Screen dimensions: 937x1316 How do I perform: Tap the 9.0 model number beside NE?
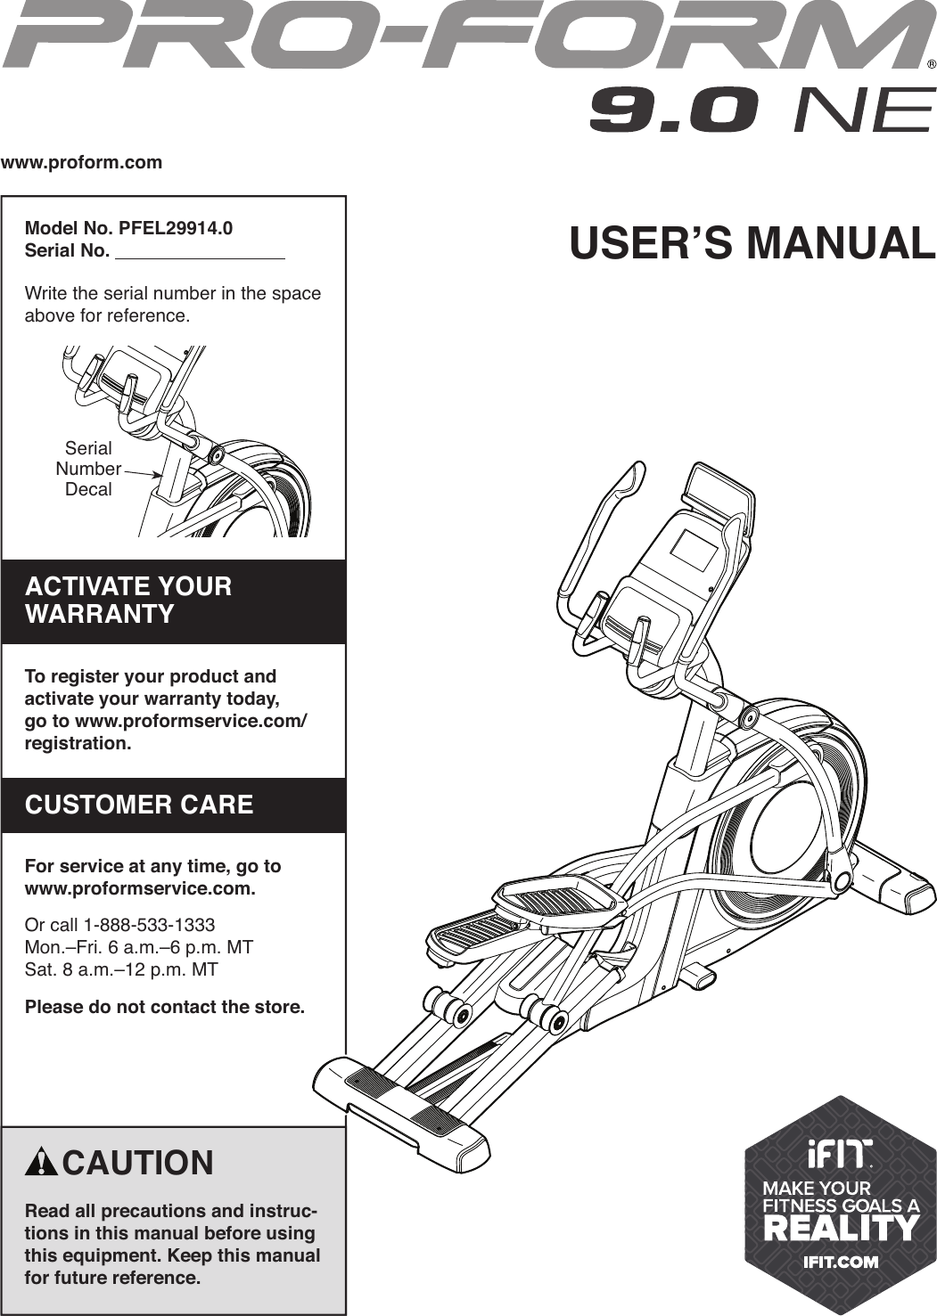coord(674,110)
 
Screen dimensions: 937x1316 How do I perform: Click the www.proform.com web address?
coord(81,162)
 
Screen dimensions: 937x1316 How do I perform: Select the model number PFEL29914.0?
coord(175,228)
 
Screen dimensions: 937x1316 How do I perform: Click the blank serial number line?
coord(200,252)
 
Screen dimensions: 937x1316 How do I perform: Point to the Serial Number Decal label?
coord(88,469)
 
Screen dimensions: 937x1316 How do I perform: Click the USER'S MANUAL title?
coord(752,243)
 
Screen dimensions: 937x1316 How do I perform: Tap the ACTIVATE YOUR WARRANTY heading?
coord(128,600)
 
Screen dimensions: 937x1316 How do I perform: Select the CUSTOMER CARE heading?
coord(139,805)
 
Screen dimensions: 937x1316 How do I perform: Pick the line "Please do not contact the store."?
coord(165,1007)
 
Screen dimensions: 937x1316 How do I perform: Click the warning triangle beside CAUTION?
coord(42,1163)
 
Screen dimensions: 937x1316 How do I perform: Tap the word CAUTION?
coord(138,1163)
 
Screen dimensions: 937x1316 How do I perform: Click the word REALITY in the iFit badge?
coord(841,1229)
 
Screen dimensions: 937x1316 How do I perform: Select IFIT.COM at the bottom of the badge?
coord(841,1262)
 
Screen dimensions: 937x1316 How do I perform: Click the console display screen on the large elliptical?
coord(693,551)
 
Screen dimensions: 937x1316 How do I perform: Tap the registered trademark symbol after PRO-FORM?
coord(931,64)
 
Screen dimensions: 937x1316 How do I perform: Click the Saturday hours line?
coord(121,969)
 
